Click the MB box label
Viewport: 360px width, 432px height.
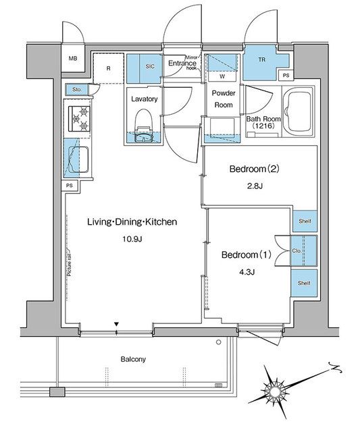(73, 59)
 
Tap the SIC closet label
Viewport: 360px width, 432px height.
(151, 65)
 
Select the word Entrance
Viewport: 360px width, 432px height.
(182, 63)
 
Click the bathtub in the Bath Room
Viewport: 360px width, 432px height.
(299, 111)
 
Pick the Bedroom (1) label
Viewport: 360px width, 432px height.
(247, 255)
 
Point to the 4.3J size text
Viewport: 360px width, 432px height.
(247, 273)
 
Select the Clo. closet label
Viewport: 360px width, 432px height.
(297, 251)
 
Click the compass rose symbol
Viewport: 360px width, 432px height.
(276, 390)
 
